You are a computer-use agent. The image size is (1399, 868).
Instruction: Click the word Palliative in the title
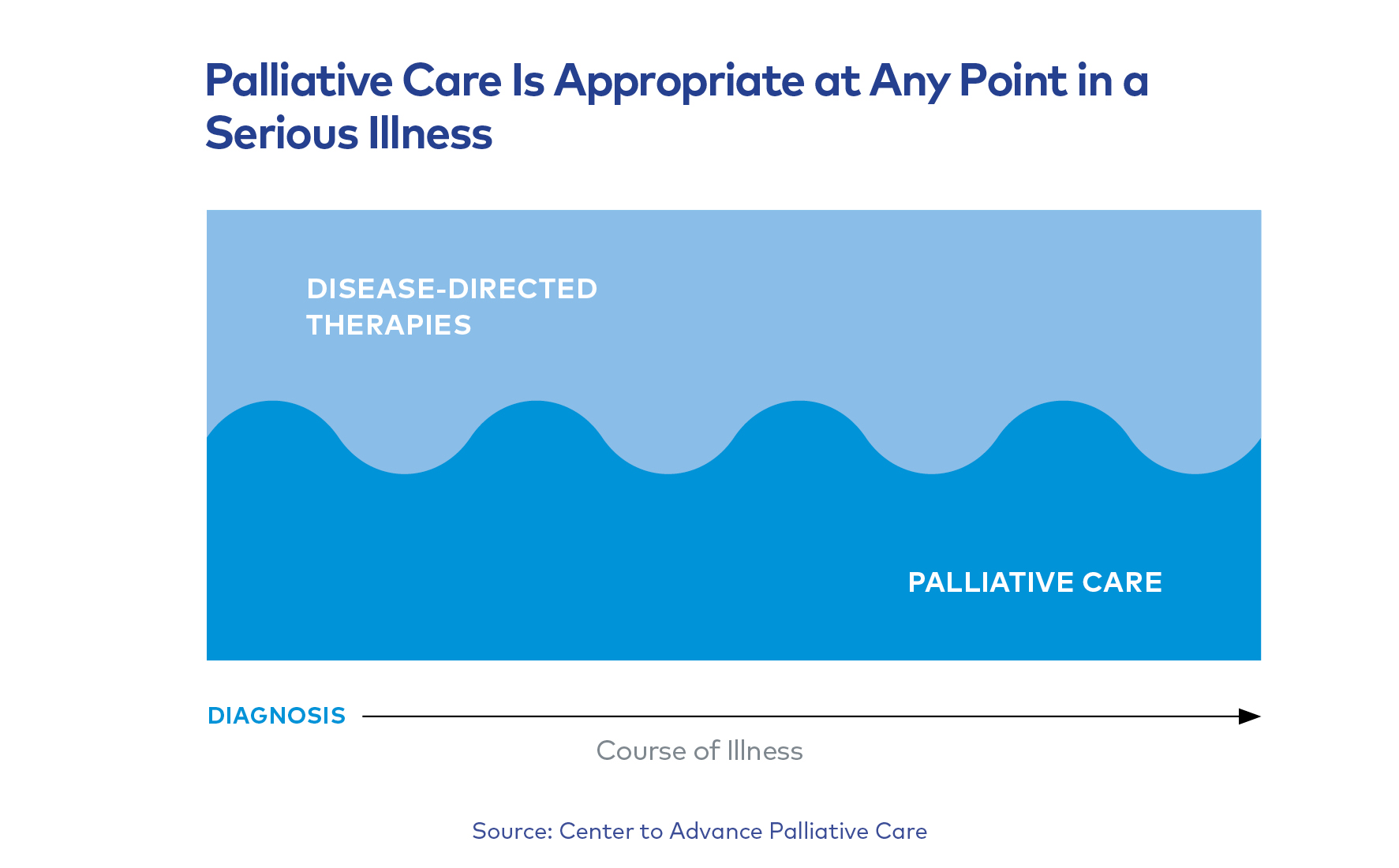(x=298, y=80)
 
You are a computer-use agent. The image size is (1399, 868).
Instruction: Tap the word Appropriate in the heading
(x=679, y=82)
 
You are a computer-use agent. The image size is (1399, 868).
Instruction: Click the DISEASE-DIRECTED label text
(x=451, y=289)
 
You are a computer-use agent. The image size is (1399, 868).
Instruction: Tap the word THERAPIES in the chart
(x=388, y=325)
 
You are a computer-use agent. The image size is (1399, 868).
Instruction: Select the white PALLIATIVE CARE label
(x=1034, y=582)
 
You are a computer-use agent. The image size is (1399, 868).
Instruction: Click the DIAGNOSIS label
(x=276, y=716)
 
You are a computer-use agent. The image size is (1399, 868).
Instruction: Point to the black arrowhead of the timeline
(x=1248, y=716)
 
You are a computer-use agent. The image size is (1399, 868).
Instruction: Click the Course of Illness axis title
(x=699, y=750)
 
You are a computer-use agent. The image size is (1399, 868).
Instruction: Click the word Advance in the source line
(x=716, y=831)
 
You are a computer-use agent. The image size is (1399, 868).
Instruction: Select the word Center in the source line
(x=596, y=831)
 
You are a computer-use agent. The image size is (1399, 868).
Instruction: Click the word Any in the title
(x=910, y=82)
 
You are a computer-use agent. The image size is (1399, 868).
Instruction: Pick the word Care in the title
(x=451, y=80)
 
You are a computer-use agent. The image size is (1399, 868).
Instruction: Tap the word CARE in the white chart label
(x=1122, y=582)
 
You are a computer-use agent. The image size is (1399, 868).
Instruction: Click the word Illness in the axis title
(x=764, y=750)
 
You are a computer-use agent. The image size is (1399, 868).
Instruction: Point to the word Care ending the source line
(x=901, y=831)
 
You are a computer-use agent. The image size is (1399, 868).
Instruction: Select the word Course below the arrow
(x=641, y=750)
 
